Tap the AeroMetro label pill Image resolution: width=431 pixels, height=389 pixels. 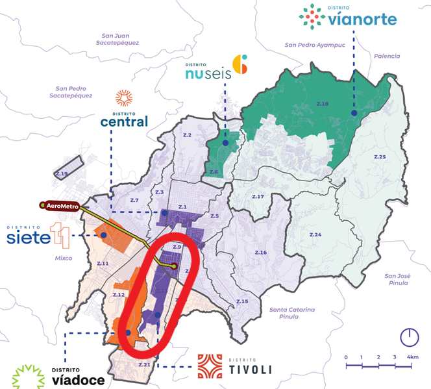coord(64,206)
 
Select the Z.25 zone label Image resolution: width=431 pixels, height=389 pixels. coord(380,157)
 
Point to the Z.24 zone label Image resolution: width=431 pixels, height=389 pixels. coord(315,234)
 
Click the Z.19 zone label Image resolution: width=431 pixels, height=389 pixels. coord(62,174)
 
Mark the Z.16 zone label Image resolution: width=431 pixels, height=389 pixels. coord(260,251)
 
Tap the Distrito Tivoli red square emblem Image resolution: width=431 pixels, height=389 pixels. coord(210,367)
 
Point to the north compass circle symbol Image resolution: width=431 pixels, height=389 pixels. coord(408,336)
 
